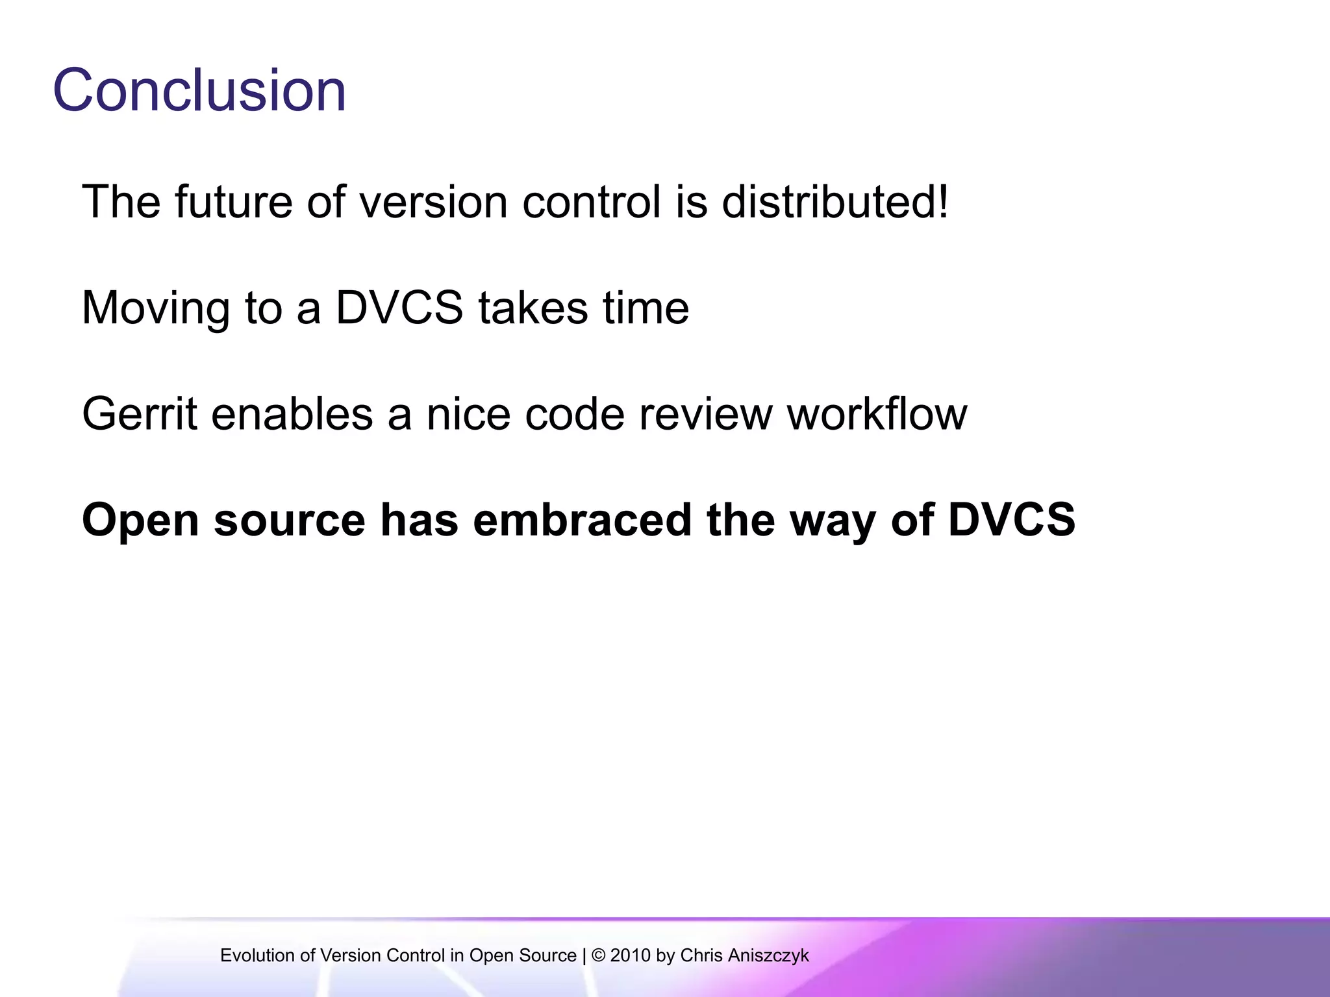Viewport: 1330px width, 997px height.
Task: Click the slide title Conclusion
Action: (199, 90)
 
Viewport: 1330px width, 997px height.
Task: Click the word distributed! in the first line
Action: (835, 202)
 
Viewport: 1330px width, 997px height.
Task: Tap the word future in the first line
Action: (233, 202)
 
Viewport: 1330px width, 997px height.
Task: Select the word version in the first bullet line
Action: (433, 202)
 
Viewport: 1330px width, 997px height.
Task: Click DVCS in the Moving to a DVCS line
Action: (399, 308)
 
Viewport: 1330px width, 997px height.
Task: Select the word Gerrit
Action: (140, 414)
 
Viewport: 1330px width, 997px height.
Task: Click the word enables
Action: (292, 414)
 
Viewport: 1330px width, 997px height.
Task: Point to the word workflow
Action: (877, 414)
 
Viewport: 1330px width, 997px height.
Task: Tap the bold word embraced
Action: (583, 520)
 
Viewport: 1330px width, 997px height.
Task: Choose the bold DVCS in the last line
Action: (1011, 520)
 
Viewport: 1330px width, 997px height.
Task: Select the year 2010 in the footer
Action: (630, 955)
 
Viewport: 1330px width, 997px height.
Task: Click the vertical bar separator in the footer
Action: (584, 955)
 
